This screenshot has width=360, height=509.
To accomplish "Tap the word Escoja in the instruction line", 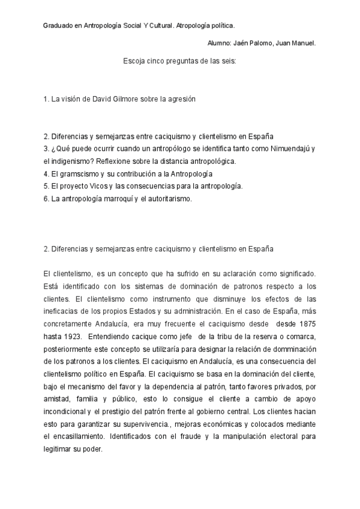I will click(x=134, y=61).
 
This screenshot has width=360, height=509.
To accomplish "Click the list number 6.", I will click(x=46, y=199).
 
